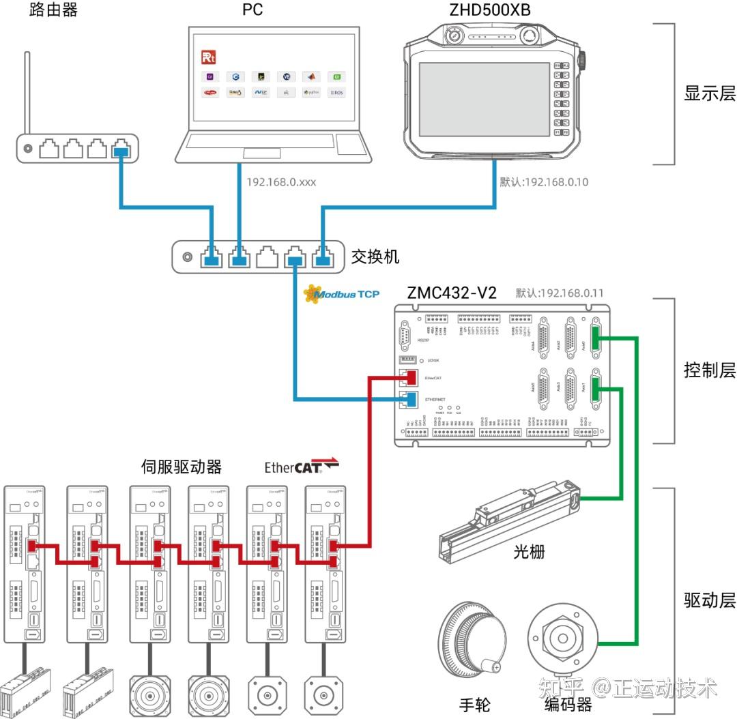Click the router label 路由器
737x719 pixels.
point(54,10)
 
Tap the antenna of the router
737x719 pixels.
point(28,92)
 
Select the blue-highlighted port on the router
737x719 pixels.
point(121,148)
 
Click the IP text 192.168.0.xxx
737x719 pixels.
point(281,182)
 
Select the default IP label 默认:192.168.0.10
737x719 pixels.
point(544,182)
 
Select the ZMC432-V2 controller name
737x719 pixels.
point(452,293)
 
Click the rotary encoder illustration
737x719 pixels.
point(564,639)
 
